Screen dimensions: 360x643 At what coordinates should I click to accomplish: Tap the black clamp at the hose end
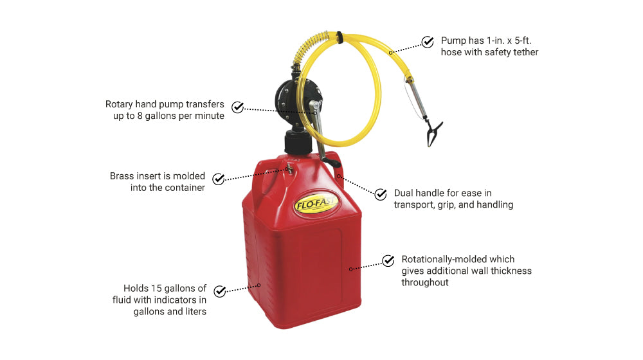(434, 132)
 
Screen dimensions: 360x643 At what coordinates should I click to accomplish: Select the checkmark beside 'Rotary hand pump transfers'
(238, 107)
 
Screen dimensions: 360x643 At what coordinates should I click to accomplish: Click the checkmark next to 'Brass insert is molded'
(219, 179)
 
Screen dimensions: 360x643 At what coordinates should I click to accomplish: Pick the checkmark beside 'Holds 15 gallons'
(220, 291)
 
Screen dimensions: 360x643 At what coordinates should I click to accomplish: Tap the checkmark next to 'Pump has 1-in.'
(428, 42)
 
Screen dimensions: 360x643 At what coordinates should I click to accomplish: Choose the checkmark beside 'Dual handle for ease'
(381, 194)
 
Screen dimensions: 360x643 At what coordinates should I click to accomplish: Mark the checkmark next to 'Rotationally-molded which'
(388, 260)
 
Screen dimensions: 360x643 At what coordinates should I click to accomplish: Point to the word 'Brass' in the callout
(122, 175)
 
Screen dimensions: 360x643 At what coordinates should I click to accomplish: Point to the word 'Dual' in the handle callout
(405, 193)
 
